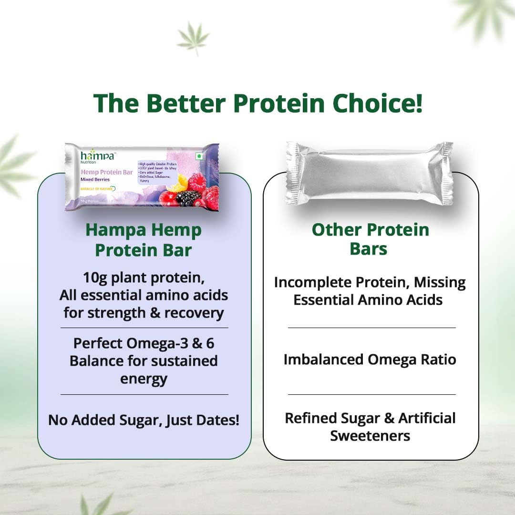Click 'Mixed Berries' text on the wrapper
95,179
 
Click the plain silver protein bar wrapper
370,173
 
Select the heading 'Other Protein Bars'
370,239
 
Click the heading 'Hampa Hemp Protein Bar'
143,240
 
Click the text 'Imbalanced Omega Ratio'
370,359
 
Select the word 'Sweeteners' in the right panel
370,436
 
